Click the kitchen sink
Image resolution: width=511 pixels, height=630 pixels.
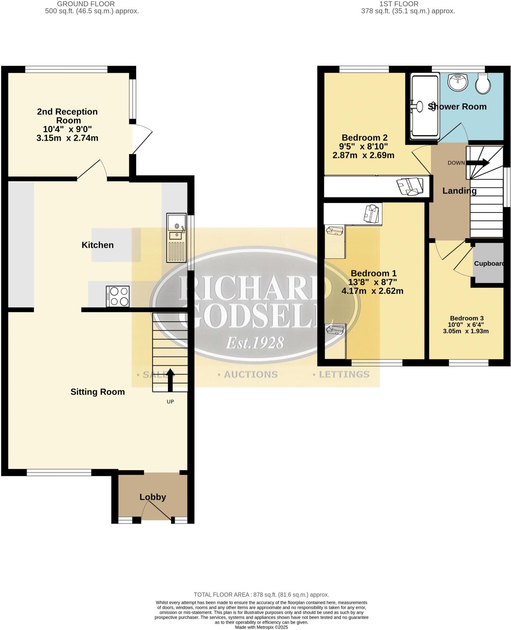pyautogui.click(x=176, y=238)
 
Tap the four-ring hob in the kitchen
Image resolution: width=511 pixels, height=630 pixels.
pyautogui.click(x=118, y=296)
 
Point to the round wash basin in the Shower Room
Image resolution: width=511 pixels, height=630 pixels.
pyautogui.click(x=458, y=82)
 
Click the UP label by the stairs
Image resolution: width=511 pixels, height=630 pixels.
pyautogui.click(x=170, y=402)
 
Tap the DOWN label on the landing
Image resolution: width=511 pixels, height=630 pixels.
pyautogui.click(x=456, y=163)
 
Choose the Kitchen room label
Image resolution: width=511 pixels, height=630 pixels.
pyautogui.click(x=98, y=245)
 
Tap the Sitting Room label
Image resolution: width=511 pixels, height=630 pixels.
pyautogui.click(x=98, y=392)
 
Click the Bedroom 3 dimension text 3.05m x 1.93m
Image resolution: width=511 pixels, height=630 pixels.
pyautogui.click(x=466, y=331)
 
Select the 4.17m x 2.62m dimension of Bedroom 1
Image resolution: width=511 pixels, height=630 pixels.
pyautogui.click(x=372, y=291)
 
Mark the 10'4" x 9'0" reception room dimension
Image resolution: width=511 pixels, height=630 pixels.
pyautogui.click(x=67, y=129)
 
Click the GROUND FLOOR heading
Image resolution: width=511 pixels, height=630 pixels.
pyautogui.click(x=86, y=4)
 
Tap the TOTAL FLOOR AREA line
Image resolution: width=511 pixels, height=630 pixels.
pyautogui.click(x=261, y=595)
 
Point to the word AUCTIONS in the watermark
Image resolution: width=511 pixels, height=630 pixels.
pyautogui.click(x=250, y=374)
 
